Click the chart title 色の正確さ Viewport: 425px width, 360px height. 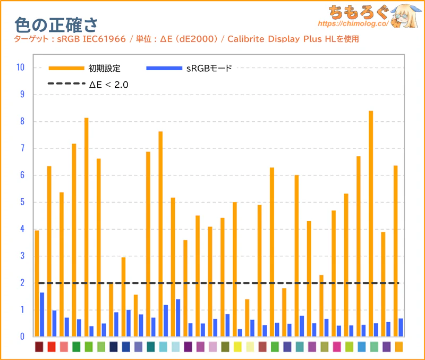click(55, 23)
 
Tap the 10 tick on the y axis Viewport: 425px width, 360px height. click(21, 68)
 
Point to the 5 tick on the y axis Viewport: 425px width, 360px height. click(21, 202)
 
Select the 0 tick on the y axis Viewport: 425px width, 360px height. click(21, 337)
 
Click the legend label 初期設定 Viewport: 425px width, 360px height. click(105, 68)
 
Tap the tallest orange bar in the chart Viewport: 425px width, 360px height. click(371, 223)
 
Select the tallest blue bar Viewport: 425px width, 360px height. click(42, 314)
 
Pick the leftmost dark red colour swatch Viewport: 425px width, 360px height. click(39, 347)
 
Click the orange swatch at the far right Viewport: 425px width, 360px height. click(398, 347)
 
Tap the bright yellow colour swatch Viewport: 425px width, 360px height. click(237, 347)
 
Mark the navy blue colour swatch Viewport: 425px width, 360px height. click(113, 347)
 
